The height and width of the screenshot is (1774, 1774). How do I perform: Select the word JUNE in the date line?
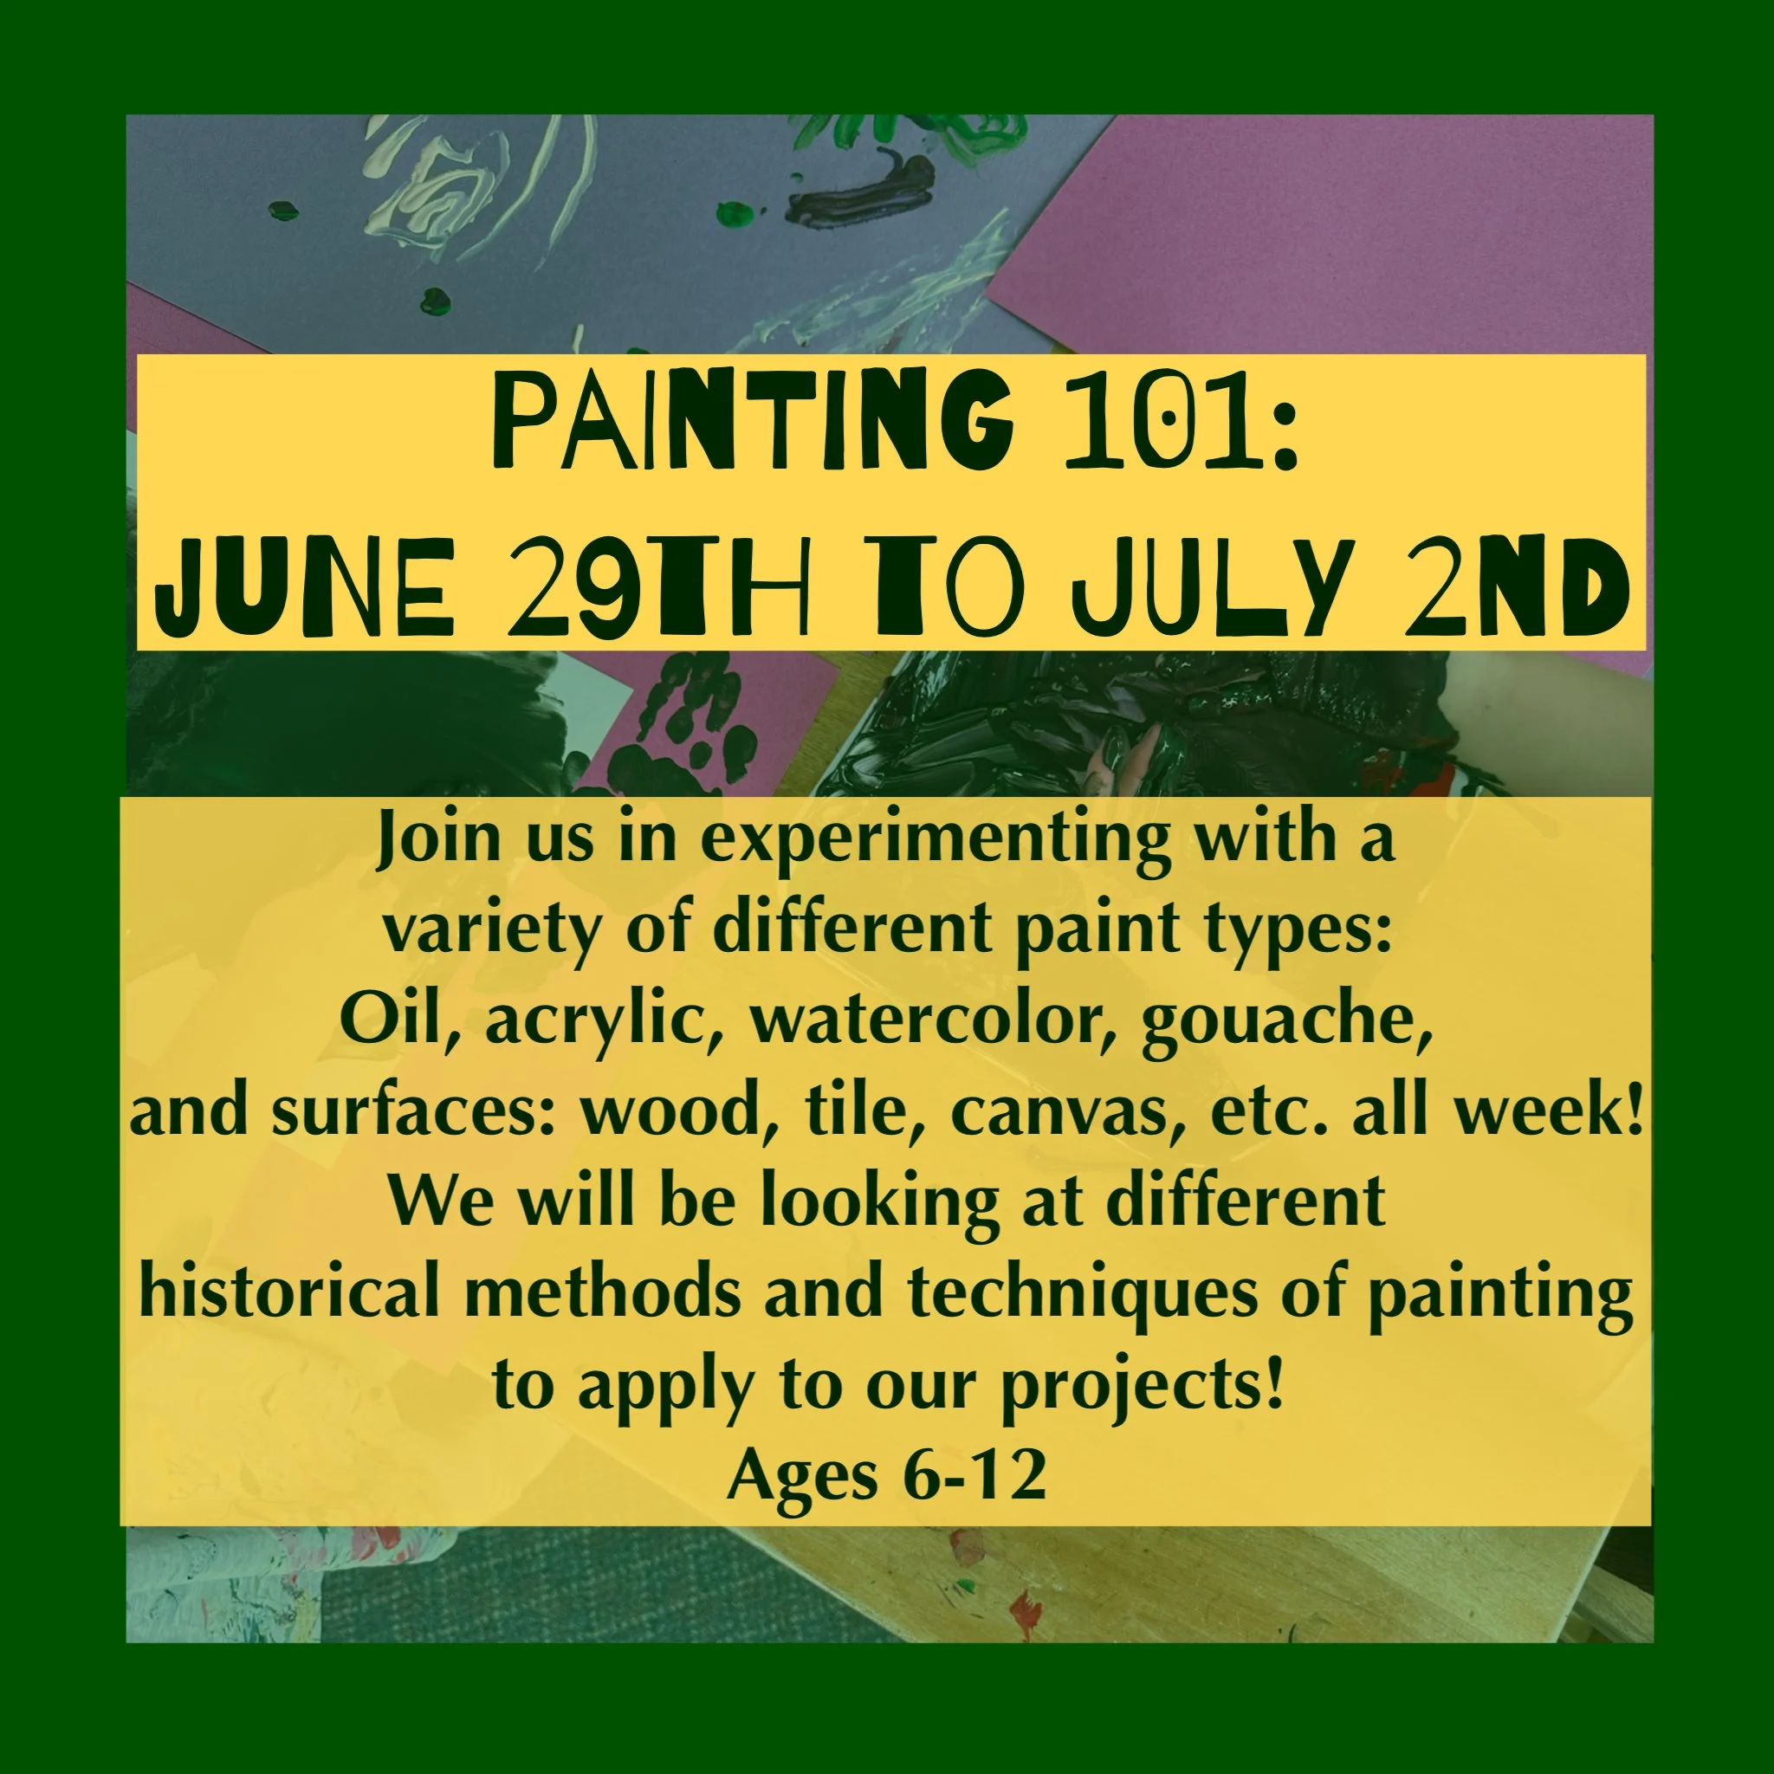coord(305,587)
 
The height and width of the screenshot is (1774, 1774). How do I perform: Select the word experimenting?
coord(936,839)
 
